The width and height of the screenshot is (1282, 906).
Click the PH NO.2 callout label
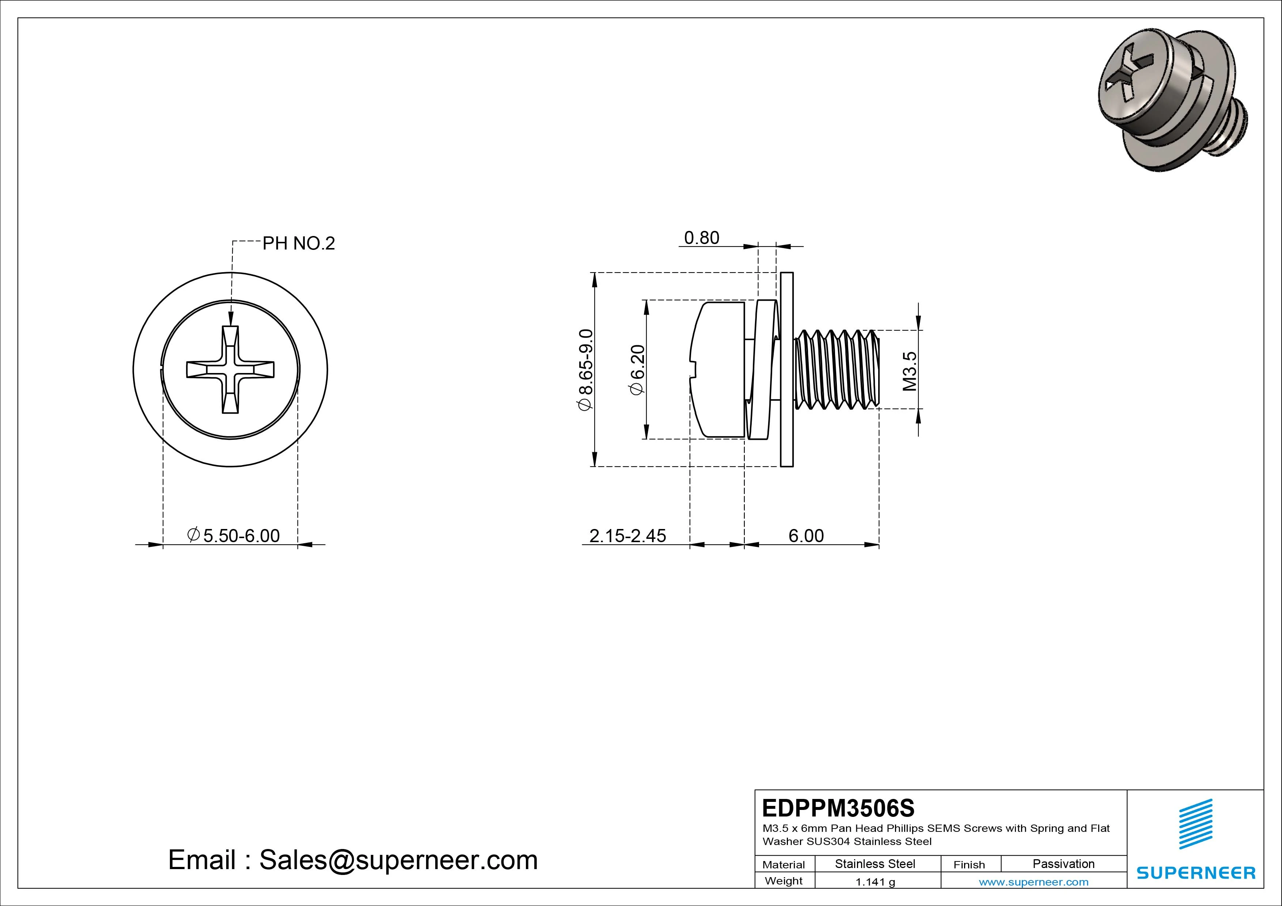(298, 243)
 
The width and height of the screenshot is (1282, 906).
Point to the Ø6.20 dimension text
(637, 370)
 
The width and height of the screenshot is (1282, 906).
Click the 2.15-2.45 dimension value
(627, 536)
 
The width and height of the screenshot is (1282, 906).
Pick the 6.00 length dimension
(806, 536)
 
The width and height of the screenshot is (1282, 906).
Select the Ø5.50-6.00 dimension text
(234, 536)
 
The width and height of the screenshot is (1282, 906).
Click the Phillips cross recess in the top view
(230, 370)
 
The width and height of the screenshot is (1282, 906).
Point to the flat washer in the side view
(786, 370)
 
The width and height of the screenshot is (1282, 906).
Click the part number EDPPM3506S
(838, 808)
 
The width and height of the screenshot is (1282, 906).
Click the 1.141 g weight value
(875, 882)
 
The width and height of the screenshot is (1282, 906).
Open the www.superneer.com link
(1033, 882)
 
